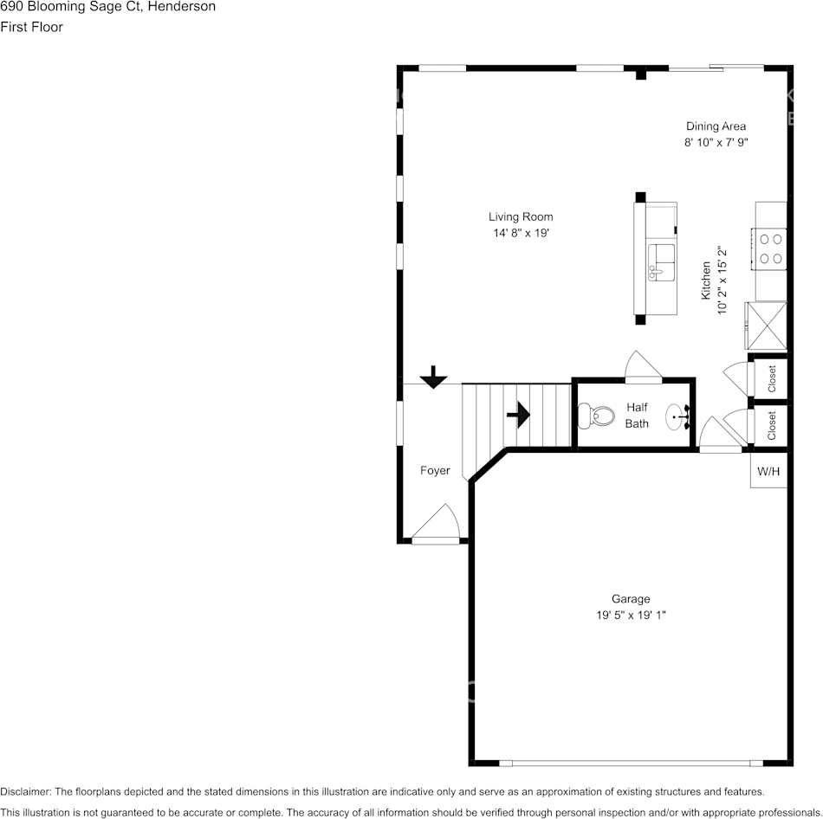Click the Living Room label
click(x=520, y=217)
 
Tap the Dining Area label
click(x=716, y=126)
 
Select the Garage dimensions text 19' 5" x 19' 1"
click(x=630, y=615)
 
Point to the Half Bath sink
click(x=677, y=417)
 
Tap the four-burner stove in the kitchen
click(x=770, y=248)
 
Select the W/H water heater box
click(x=768, y=472)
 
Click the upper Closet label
click(x=771, y=378)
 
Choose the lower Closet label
click(x=771, y=425)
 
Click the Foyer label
click(x=435, y=471)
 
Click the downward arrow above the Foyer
click(x=433, y=377)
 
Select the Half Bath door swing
click(x=643, y=366)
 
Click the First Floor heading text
click(x=31, y=27)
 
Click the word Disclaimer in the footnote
click(x=25, y=791)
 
